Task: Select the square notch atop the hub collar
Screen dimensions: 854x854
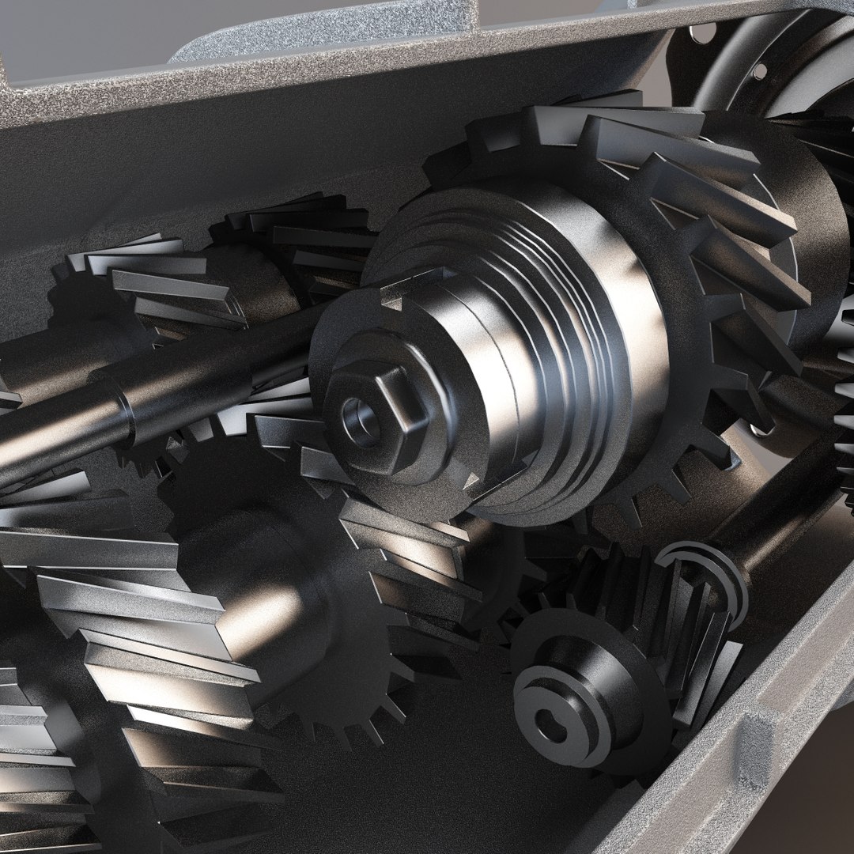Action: coord(393,297)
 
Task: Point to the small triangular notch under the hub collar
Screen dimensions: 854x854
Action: coord(473,480)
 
